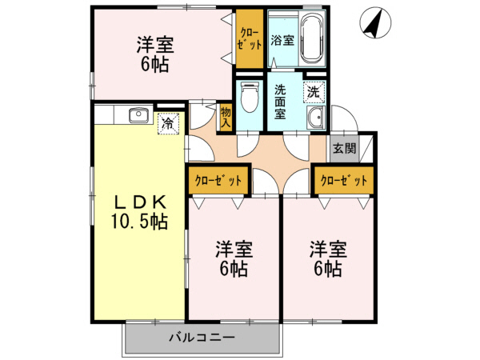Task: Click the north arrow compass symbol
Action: (x=374, y=22)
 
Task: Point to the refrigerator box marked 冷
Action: (x=168, y=123)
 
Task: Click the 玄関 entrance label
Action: (x=345, y=148)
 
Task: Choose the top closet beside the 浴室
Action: (x=249, y=37)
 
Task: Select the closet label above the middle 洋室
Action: (x=218, y=181)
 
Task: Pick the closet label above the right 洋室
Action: (x=344, y=181)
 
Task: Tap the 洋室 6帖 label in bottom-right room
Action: (x=327, y=258)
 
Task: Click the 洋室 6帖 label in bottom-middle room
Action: (x=234, y=258)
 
